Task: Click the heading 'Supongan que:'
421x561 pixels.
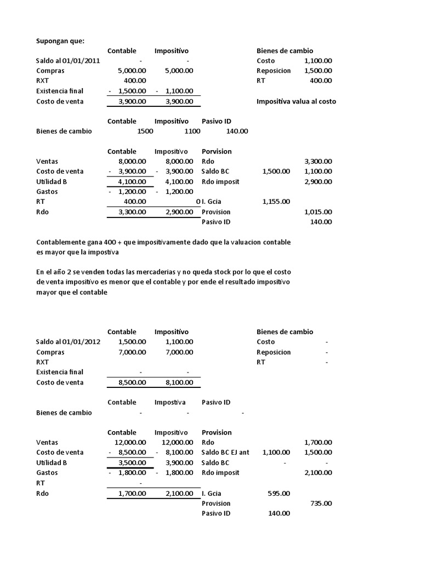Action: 60,40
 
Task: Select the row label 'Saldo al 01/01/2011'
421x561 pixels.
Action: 68,61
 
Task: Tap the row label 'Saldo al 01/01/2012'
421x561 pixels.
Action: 68,342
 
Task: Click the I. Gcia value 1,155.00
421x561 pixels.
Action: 276,202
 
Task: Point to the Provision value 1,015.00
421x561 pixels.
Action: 318,212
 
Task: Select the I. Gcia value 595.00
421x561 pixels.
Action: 279,493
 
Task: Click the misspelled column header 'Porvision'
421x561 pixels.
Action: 217,151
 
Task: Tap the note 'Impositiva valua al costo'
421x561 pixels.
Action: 296,101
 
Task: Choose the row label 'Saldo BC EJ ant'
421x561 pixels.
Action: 225,452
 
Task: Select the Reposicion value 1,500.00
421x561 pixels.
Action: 318,71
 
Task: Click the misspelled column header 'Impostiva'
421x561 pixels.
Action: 170,402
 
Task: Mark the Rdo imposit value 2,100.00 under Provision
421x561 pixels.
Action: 318,473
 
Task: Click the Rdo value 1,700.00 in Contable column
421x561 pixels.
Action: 132,494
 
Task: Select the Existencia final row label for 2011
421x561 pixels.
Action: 60,91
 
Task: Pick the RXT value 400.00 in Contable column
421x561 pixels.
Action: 134,81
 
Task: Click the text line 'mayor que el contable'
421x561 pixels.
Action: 72,293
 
